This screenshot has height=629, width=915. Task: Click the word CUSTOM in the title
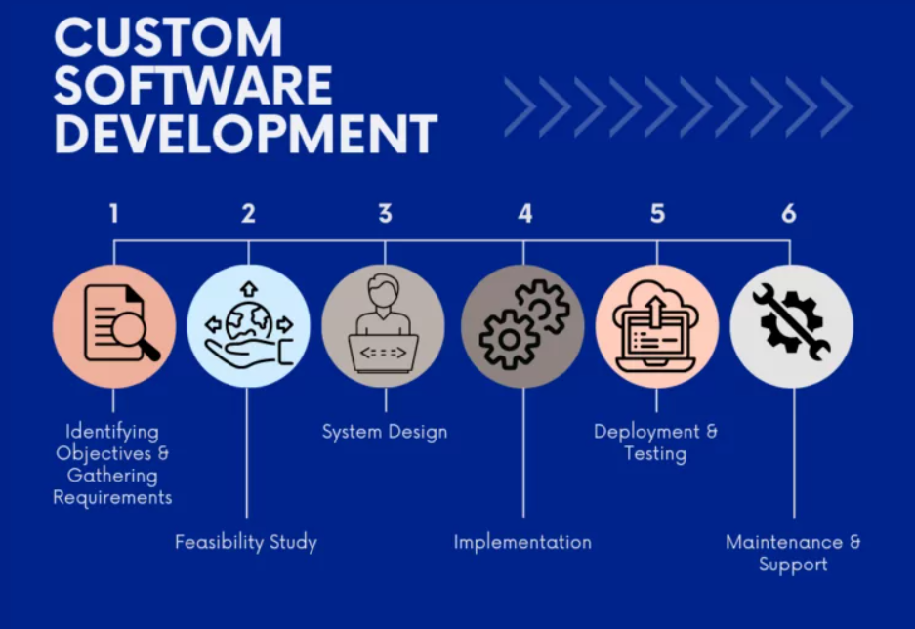(169, 37)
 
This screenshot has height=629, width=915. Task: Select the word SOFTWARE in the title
(193, 85)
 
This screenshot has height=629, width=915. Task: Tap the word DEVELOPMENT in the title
(246, 134)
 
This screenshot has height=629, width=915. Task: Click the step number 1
(114, 214)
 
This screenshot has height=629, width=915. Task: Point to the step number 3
(385, 214)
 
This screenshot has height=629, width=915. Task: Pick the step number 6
(789, 214)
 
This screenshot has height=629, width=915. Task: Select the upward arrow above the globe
(249, 289)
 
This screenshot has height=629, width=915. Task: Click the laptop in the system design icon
(384, 353)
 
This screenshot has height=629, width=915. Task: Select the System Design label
(385, 432)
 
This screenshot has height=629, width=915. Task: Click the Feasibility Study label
(246, 542)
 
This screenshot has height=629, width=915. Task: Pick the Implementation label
(522, 543)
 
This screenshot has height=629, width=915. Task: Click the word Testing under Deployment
(655, 454)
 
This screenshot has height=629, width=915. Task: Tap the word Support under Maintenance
(793, 565)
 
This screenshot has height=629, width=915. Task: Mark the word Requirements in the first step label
(112, 498)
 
